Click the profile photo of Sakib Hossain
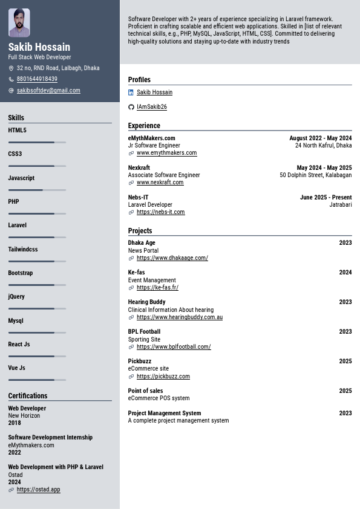19,23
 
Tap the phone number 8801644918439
37,79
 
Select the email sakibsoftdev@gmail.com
48,91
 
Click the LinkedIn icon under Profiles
131,92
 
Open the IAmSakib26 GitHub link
151,107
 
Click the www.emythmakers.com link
166,153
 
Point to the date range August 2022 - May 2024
320,138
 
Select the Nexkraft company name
139,168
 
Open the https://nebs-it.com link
160,212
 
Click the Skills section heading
16,118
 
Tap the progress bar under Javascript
37,190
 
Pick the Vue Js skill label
17,368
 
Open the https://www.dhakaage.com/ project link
172,258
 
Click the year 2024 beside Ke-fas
345,273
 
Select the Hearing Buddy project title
146,302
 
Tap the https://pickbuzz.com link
163,377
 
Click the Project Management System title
164,413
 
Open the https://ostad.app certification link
38,490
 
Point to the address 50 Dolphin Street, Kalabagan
315,175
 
